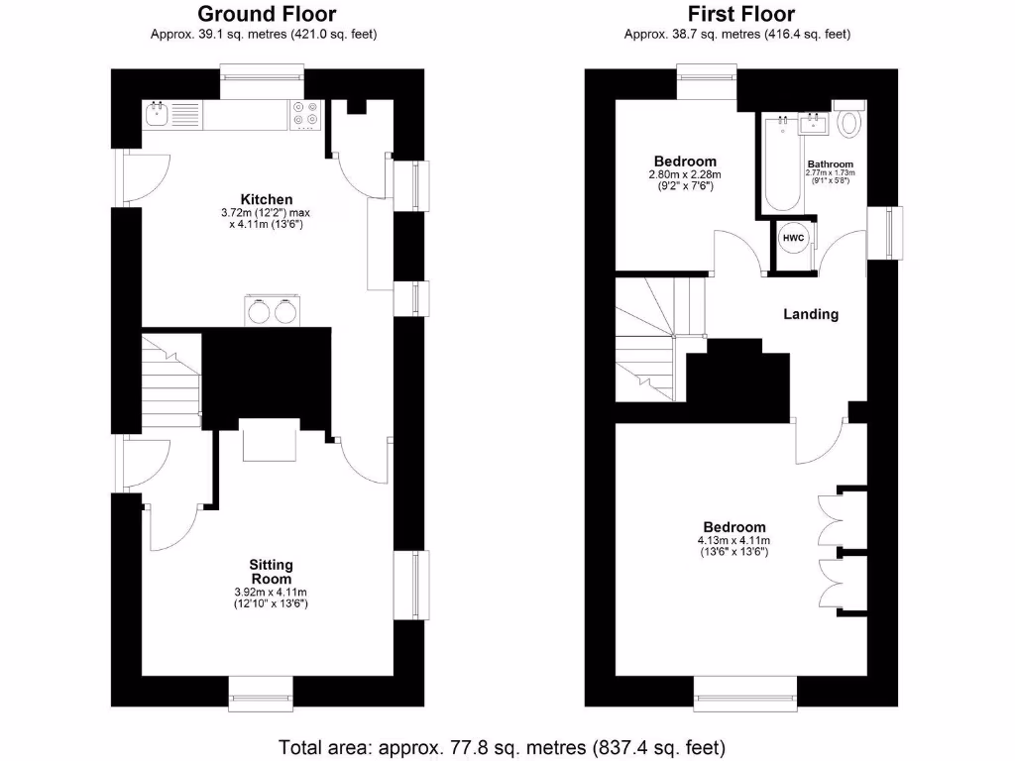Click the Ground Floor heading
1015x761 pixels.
point(267,14)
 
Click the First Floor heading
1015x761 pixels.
point(741,14)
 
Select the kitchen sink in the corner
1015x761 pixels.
point(158,115)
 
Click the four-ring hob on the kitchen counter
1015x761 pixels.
point(305,115)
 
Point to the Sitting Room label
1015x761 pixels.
point(271,572)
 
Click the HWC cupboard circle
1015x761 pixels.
point(793,239)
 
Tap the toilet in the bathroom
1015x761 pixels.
point(849,123)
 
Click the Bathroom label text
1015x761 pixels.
point(830,163)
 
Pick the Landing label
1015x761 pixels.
point(811,314)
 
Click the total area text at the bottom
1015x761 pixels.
point(504,746)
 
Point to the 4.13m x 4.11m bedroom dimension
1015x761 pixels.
point(734,540)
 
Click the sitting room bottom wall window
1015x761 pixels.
point(262,690)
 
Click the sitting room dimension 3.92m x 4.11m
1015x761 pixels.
point(271,593)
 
